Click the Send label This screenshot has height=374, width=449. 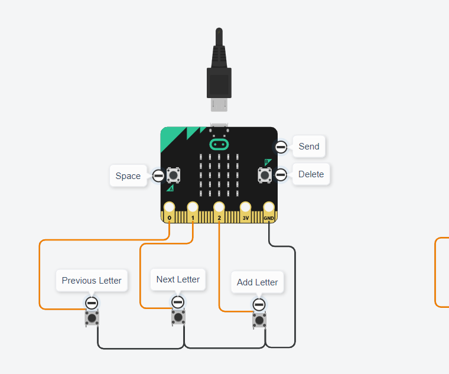(x=309, y=147)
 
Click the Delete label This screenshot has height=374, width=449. (x=311, y=174)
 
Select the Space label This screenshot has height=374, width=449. (x=128, y=176)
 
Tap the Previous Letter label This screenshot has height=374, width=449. (x=92, y=281)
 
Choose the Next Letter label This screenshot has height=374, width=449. (x=178, y=279)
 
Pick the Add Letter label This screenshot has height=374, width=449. (x=257, y=282)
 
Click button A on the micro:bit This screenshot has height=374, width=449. (x=173, y=175)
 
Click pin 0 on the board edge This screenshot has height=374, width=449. (x=170, y=208)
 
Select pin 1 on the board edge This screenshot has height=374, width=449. (x=193, y=208)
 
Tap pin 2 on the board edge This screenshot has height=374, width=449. (x=219, y=208)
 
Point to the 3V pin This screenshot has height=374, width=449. (x=245, y=208)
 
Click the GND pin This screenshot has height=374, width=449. (x=269, y=208)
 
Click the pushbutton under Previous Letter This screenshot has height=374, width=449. (x=92, y=319)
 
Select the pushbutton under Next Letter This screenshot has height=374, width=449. (x=178, y=318)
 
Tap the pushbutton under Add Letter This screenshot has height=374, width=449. (x=259, y=320)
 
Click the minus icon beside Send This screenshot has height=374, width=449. (x=281, y=147)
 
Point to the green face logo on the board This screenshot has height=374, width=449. (x=219, y=144)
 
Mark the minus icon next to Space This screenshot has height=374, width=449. (x=158, y=175)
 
